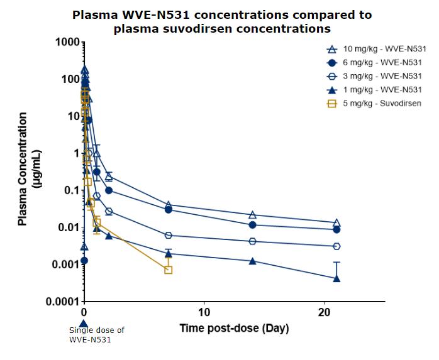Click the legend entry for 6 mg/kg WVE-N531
pos(378,63)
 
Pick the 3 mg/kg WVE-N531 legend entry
pos(378,76)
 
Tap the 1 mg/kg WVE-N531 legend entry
pos(378,89)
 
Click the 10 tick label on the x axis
pos(204,313)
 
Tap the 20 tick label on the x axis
pos(324,313)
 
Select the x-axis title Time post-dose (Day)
pos(235,328)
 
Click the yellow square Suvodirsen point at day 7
pos(168,270)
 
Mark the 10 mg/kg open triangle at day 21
pos(336,223)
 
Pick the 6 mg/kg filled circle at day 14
pos(252,225)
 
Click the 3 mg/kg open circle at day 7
pos(168,235)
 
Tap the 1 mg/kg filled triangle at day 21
pos(336,278)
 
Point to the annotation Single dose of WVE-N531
pos(96,335)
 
